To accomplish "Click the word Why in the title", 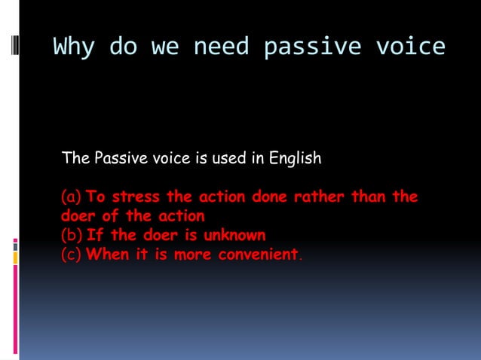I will [74, 47].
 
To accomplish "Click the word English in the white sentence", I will [294, 159].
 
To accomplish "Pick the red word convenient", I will [258, 255].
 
